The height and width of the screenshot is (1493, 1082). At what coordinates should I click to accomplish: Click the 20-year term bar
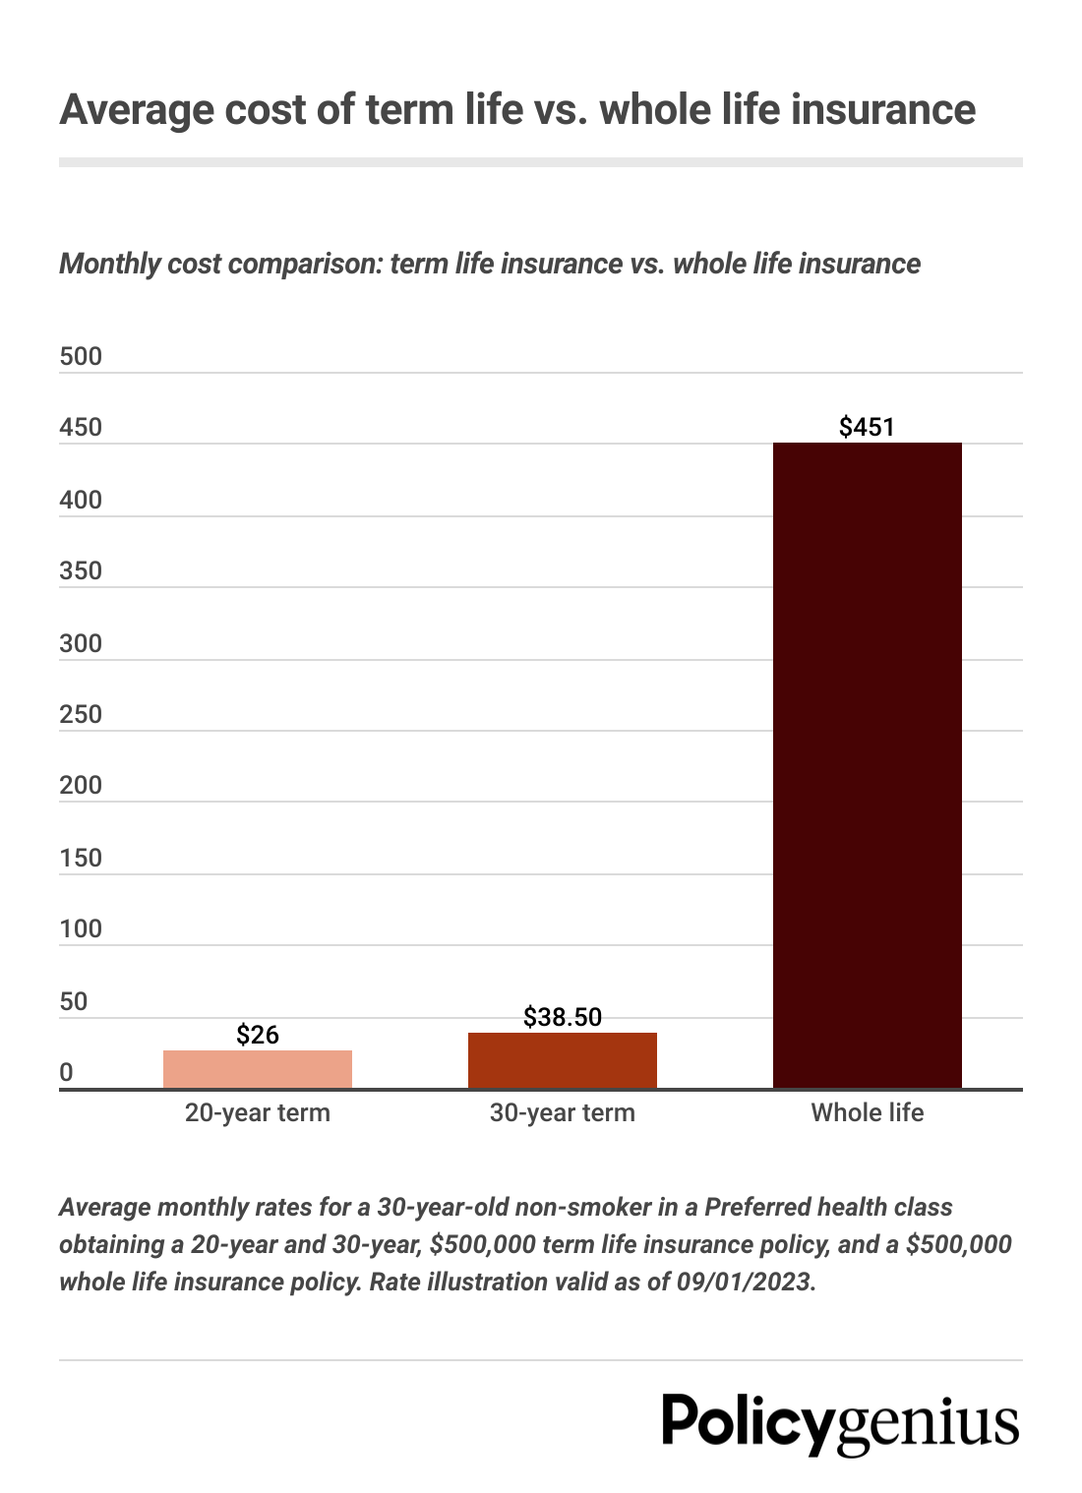click(x=257, y=1069)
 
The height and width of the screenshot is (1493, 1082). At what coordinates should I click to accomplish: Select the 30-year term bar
click(x=562, y=1060)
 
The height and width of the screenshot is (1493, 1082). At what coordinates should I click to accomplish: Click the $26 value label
click(x=258, y=1035)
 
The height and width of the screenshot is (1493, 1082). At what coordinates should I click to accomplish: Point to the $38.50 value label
click(x=562, y=1017)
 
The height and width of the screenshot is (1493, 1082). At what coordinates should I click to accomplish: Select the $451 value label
click(x=867, y=427)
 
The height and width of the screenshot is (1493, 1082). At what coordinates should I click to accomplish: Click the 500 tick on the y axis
click(x=81, y=357)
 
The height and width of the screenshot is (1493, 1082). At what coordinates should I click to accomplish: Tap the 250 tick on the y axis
click(x=81, y=715)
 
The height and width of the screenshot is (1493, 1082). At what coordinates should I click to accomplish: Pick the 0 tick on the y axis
click(x=66, y=1073)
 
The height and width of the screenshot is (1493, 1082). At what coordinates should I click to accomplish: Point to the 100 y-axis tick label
click(x=81, y=929)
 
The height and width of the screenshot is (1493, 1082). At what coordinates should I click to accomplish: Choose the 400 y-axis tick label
click(x=81, y=501)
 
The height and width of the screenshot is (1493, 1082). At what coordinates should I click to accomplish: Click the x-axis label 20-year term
click(x=258, y=1113)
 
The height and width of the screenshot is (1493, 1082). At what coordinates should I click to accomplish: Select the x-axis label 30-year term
click(x=562, y=1113)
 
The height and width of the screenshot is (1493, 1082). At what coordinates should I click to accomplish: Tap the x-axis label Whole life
click(x=867, y=1113)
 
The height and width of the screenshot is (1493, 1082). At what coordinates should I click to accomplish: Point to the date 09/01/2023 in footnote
click(x=745, y=1283)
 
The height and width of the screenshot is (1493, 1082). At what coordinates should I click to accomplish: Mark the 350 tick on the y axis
click(x=81, y=571)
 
